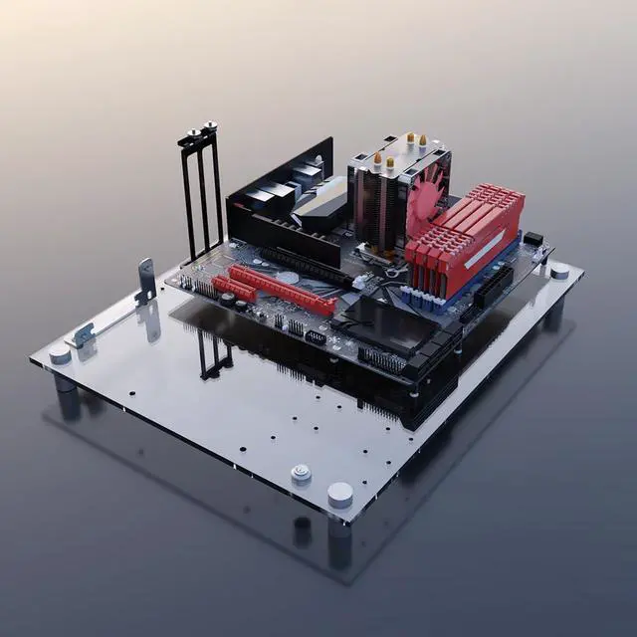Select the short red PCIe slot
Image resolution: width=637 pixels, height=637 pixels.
[234, 289]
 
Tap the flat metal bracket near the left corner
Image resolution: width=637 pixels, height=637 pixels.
[84, 334]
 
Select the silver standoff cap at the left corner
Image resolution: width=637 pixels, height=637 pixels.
[61, 355]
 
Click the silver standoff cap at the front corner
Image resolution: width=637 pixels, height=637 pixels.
[340, 494]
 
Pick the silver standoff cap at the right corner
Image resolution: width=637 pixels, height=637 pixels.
[559, 271]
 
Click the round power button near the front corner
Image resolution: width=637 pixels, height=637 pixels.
[301, 474]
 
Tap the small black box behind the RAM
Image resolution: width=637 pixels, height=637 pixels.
[532, 240]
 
